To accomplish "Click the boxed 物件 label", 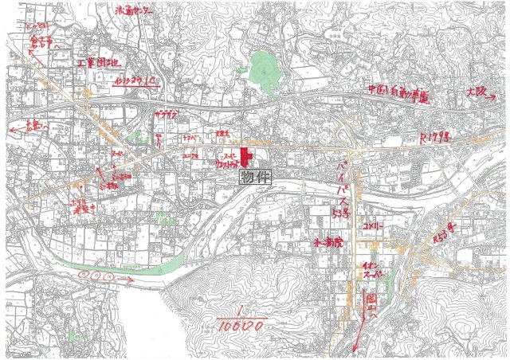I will (x=256, y=179).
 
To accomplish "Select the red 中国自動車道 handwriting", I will (x=398, y=94).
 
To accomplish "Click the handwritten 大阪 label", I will (x=478, y=93).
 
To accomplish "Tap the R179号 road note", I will (x=435, y=138).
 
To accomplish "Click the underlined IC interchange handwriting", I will (x=136, y=80).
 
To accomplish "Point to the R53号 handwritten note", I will (x=441, y=235).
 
